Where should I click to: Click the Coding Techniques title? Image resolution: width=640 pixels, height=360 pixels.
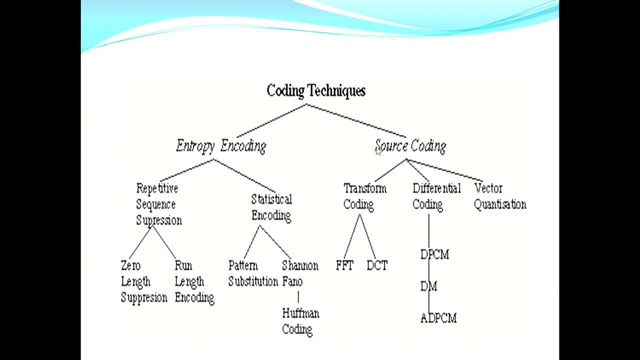click(316, 91)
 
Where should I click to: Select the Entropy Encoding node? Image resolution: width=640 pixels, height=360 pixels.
click(221, 146)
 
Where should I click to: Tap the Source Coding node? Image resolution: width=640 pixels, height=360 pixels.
click(410, 146)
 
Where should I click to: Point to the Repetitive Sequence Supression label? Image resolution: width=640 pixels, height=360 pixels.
click(158, 204)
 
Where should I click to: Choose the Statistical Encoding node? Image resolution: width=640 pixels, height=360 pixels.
click(271, 207)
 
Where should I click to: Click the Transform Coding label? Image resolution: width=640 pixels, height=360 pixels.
click(364, 196)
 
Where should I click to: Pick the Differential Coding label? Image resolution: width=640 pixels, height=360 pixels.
click(436, 196)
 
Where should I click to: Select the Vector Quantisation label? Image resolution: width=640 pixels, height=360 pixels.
click(499, 196)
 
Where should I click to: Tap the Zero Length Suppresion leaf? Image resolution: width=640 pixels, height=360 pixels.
click(144, 281)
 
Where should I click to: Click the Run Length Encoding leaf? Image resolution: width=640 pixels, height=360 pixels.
click(194, 281)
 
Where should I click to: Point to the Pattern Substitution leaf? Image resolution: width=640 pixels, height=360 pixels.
click(253, 273)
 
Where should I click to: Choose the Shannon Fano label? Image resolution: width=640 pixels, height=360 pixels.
click(299, 273)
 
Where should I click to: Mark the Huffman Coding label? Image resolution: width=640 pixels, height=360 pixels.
click(300, 321)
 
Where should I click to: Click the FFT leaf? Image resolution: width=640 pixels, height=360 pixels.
click(344, 265)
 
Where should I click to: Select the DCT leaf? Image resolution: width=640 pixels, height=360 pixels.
click(377, 265)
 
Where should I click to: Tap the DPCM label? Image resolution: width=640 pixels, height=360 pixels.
click(434, 254)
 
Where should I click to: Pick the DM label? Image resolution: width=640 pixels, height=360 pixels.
click(429, 286)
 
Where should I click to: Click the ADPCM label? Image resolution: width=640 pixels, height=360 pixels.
click(438, 318)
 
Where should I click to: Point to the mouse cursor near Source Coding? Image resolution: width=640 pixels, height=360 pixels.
click(378, 151)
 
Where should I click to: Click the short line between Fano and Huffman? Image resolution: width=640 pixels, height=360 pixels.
click(298, 297)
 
